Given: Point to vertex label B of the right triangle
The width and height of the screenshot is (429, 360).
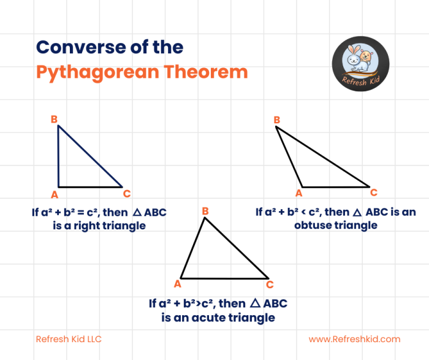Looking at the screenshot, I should (x=54, y=119).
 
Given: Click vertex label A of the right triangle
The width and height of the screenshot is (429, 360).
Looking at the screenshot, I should (x=54, y=195).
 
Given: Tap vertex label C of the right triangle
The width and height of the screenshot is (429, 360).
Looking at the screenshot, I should (x=127, y=194).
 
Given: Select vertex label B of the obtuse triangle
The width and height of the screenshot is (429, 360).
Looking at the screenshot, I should (x=277, y=120).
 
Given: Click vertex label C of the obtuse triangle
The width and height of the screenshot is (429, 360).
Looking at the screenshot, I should (x=374, y=192).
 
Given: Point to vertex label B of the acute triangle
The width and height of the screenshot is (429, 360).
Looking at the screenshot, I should (x=205, y=212).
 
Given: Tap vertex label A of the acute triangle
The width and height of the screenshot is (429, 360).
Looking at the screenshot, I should (x=177, y=283).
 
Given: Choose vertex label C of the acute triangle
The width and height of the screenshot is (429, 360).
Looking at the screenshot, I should (x=270, y=284).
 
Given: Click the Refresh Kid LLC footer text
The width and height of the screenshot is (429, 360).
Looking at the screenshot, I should (x=69, y=339).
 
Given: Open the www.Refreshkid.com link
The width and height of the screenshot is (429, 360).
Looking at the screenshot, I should (x=354, y=339).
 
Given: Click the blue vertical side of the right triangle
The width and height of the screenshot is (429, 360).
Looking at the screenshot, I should (x=58, y=156).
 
